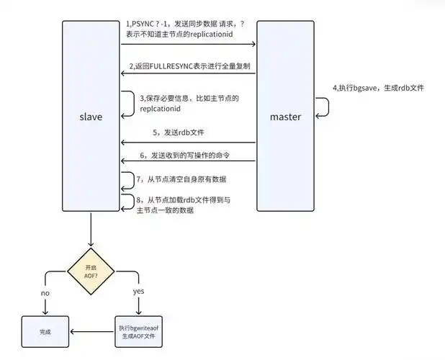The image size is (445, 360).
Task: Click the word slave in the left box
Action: (91, 116)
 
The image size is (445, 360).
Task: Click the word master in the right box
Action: (285, 116)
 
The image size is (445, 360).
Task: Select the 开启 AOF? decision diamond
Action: (91, 270)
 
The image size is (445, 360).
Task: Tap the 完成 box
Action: (46, 332)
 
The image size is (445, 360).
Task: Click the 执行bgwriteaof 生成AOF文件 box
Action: (139, 332)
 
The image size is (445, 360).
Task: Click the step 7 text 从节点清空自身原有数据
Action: (186, 178)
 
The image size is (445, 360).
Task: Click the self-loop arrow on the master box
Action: (324, 107)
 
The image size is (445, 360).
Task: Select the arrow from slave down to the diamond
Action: (91, 230)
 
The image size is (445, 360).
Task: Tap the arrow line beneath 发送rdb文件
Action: (189, 143)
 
